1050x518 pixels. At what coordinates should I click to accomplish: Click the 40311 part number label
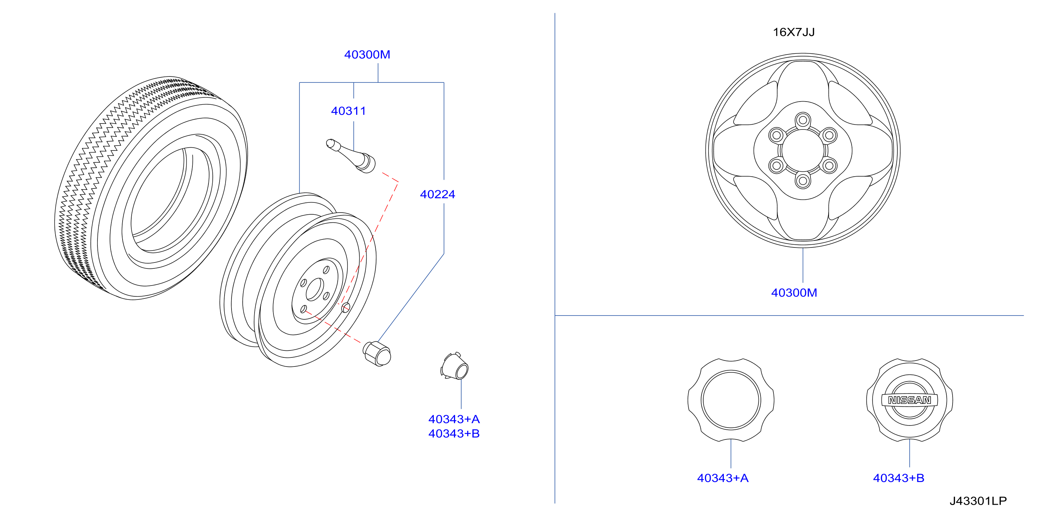pos(348,111)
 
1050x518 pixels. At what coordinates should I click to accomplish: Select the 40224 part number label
pos(438,194)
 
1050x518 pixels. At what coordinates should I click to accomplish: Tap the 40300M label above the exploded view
pos(367,54)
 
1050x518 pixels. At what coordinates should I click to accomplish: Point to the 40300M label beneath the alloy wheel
pos(794,293)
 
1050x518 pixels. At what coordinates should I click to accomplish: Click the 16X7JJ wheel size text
pos(794,32)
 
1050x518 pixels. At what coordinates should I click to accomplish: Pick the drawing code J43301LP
pos(978,501)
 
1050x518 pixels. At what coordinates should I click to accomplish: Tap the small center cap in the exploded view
pos(455,366)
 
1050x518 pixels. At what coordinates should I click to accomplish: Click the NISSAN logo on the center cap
pos(909,400)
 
